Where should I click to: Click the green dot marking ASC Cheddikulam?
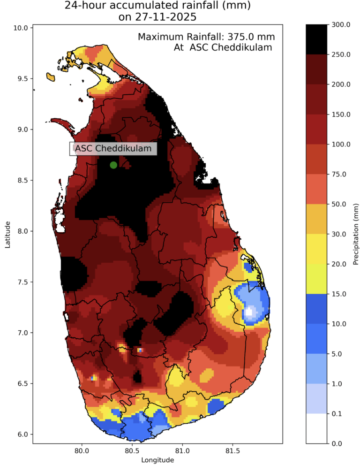(x=113, y=165)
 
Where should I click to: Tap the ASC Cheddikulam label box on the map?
(x=113, y=149)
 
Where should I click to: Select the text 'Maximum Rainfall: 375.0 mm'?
(x=206, y=37)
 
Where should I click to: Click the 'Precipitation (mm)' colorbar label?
(x=356, y=234)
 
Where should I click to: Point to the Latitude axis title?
(x=8, y=235)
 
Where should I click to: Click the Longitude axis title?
(x=157, y=460)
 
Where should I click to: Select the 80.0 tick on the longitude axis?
(x=82, y=451)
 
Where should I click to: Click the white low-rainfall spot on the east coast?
(x=250, y=311)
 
